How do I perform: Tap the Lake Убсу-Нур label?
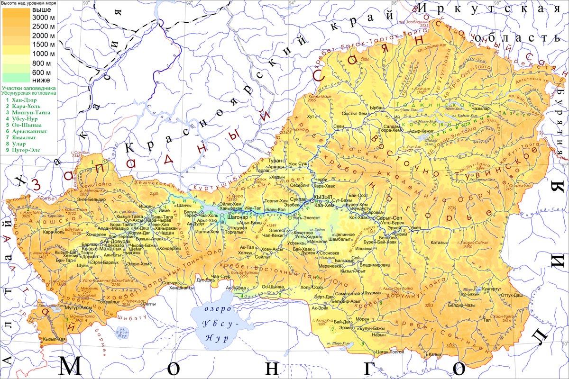tap(218, 324)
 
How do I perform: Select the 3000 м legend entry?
tap(42, 18)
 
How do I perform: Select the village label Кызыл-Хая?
tap(54, 339)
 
